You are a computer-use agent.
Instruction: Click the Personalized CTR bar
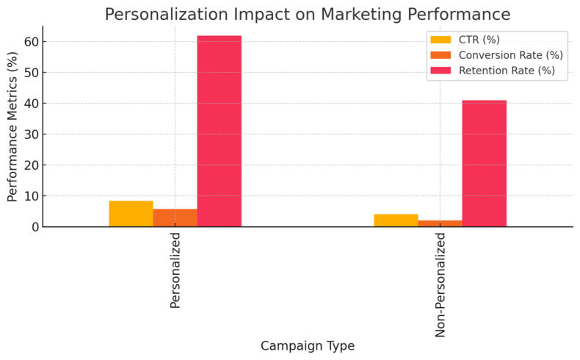coord(131,214)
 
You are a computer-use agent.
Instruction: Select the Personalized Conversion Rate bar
coord(175,218)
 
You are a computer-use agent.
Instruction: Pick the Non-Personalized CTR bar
coord(396,220)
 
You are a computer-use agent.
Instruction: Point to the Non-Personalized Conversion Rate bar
coord(440,223)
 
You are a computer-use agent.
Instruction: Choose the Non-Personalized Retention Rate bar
coord(484,163)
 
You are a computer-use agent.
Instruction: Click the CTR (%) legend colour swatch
coord(441,40)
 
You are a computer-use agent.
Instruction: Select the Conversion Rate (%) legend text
coord(510,55)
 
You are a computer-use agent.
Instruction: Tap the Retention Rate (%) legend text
coord(507,71)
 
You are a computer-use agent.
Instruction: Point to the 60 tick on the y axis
coord(32,42)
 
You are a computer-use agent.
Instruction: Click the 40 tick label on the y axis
coord(32,104)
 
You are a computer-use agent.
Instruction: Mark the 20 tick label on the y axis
coord(32,165)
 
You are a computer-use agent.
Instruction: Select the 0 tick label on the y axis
coord(35,227)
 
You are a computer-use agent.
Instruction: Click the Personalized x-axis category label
coord(175,270)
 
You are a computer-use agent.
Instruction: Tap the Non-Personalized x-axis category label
coord(441,285)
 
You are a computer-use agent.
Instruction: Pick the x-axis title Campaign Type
coord(307,346)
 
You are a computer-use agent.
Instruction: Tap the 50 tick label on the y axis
coord(32,73)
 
